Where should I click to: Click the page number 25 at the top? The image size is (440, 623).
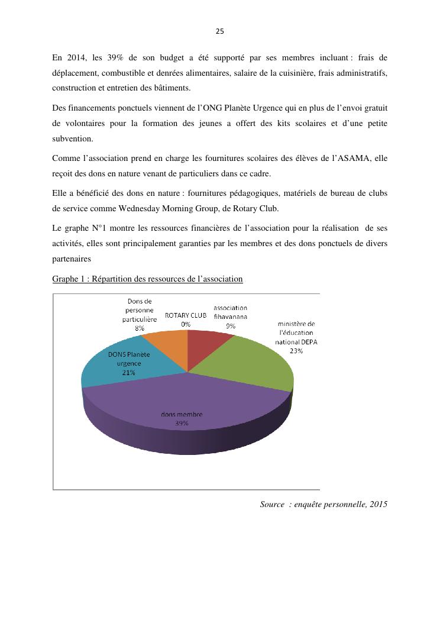point(219,31)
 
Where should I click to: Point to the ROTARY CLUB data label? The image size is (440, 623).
point(186,315)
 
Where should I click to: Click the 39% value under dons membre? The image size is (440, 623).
point(182,423)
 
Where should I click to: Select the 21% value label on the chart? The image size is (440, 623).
point(129,373)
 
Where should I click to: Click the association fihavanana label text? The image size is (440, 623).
point(230,312)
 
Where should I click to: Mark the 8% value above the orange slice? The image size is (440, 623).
point(140,327)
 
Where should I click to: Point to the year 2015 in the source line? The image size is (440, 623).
point(377,504)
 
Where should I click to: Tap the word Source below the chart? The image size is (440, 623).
point(272,504)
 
